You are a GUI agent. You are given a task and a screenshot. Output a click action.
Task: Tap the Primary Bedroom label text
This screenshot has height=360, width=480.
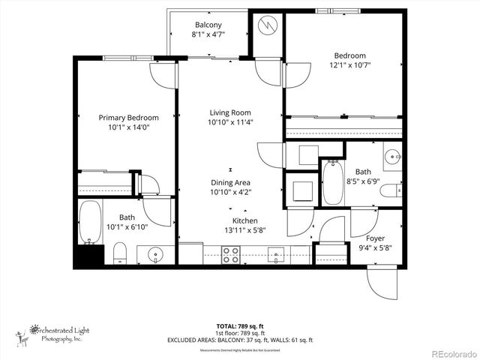[128, 118]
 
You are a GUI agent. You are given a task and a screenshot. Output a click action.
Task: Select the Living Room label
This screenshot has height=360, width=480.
[229, 112]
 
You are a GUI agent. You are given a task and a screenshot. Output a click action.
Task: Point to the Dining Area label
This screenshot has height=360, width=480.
[230, 182]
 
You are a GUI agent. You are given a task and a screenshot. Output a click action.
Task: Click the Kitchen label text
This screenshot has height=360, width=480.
[244, 220]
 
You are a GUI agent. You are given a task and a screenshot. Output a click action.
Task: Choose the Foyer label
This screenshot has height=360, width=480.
[375, 217]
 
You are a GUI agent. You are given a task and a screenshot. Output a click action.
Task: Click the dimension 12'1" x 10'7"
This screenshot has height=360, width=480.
[349, 65]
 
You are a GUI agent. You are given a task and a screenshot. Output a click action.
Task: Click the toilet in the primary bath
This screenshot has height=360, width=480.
[120, 253]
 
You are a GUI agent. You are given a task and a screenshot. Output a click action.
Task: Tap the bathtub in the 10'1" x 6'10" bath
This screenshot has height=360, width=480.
[90, 222]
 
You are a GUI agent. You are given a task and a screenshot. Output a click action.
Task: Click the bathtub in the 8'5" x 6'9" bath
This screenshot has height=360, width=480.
[333, 182]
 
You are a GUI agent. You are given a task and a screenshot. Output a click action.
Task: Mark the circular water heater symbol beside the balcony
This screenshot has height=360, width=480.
[267, 25]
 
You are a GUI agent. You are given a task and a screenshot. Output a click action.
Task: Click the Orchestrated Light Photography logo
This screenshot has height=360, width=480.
[52, 333]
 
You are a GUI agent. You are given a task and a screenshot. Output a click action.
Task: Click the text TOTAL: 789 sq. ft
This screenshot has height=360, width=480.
[239, 326]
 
